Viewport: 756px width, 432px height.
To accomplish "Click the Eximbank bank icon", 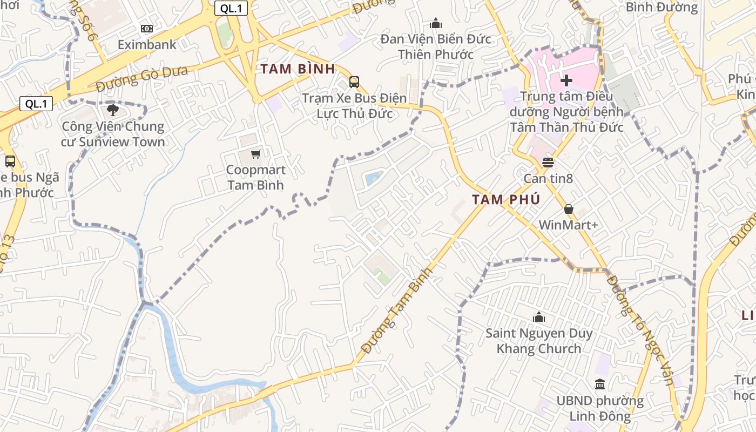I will pyautogui.click(x=146, y=29).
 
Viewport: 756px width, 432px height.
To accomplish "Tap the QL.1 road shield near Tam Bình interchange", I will pyautogui.click(x=231, y=8).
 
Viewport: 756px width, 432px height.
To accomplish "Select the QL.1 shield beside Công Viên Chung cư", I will pyautogui.click(x=36, y=104).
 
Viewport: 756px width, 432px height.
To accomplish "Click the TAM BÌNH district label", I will pyautogui.click(x=298, y=69).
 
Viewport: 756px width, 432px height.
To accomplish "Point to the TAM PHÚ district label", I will pyautogui.click(x=506, y=200).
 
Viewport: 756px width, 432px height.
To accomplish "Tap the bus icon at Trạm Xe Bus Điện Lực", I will pyautogui.click(x=354, y=82).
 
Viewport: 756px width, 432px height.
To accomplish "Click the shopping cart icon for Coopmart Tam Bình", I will pyautogui.click(x=255, y=154).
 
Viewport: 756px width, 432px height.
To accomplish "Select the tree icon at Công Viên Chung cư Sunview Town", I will pyautogui.click(x=113, y=111).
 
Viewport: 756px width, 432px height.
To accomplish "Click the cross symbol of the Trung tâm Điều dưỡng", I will pyautogui.click(x=566, y=81).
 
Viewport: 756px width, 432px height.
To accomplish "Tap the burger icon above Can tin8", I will pyautogui.click(x=548, y=162).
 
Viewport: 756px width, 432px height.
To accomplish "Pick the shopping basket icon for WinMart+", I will pyautogui.click(x=568, y=209).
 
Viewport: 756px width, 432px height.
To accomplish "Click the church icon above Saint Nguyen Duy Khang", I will pyautogui.click(x=538, y=317).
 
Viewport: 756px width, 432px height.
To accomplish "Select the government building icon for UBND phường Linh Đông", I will pyautogui.click(x=600, y=384).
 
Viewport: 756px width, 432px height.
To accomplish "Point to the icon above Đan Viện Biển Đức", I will pyautogui.click(x=436, y=23).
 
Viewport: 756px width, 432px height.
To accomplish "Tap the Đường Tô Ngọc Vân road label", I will pyautogui.click(x=640, y=329).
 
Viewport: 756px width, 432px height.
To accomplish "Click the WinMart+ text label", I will pyautogui.click(x=568, y=225).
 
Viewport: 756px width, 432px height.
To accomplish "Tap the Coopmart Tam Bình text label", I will pyautogui.click(x=255, y=177).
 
